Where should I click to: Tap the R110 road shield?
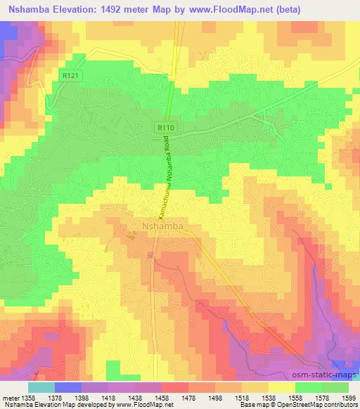click(164, 127)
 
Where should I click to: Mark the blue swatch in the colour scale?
click(67, 387)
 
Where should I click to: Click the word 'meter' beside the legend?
click(8, 396)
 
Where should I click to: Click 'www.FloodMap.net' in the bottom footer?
click(134, 405)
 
